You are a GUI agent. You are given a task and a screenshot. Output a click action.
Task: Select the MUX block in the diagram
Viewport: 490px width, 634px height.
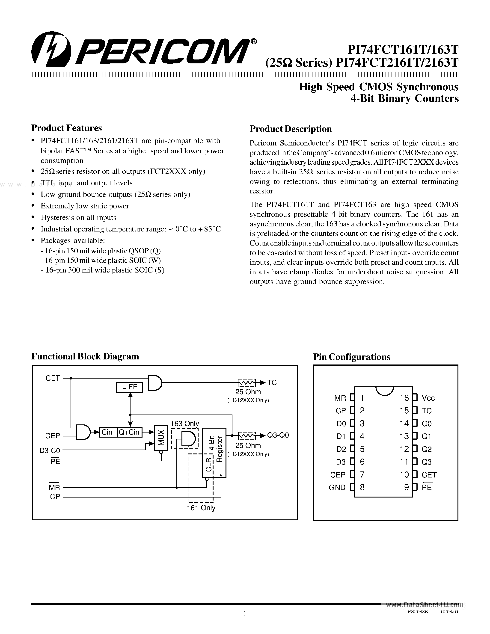click(161, 438)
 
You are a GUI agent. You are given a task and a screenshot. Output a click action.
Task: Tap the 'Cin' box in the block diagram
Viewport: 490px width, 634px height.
click(107, 432)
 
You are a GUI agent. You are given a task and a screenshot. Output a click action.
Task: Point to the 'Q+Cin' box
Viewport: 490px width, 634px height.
click(129, 432)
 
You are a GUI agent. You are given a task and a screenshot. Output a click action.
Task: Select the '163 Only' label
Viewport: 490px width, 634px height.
click(185, 424)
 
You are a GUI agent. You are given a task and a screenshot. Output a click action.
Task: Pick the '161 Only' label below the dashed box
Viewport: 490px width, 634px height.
click(201, 508)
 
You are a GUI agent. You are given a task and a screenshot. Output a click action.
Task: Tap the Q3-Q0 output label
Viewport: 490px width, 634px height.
click(278, 435)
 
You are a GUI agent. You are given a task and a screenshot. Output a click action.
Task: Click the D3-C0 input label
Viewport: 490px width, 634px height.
click(50, 450)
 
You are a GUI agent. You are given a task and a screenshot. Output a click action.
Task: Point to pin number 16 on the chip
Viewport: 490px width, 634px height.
click(404, 398)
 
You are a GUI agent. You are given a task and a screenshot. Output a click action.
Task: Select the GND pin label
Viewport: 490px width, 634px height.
click(337, 487)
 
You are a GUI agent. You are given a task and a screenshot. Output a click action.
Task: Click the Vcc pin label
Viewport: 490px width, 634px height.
click(428, 398)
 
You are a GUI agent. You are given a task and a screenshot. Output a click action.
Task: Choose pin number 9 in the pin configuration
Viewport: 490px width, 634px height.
click(406, 487)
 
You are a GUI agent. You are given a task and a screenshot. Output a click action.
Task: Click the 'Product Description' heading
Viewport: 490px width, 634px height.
click(291, 129)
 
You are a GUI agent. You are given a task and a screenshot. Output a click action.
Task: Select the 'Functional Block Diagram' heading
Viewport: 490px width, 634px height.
click(85, 356)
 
